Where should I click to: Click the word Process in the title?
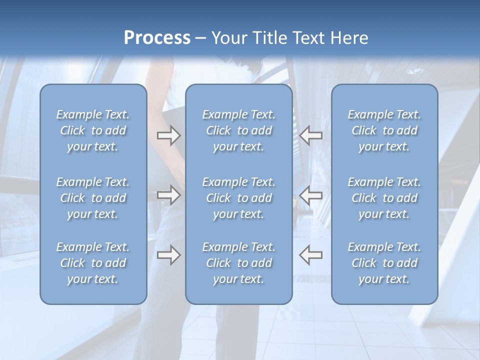pos(157,38)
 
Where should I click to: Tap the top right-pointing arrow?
pos(168,135)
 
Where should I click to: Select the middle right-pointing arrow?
pos(168,195)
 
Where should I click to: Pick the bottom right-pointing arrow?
pos(168,255)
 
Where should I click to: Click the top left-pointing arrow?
pos(311,135)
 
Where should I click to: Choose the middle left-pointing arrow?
pos(311,195)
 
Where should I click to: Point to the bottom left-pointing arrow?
pos(311,255)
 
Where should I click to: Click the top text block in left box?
pos(93,130)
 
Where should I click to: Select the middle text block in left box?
pos(93,198)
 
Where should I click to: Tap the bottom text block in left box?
pos(93,263)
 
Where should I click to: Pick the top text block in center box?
pos(239,130)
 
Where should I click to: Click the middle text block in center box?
pos(239,198)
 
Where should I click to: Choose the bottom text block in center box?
pos(239,263)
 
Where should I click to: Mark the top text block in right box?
pos(384,130)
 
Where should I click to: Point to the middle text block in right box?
pos(384,198)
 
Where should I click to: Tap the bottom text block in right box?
pos(384,263)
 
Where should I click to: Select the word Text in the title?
pos(308,38)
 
